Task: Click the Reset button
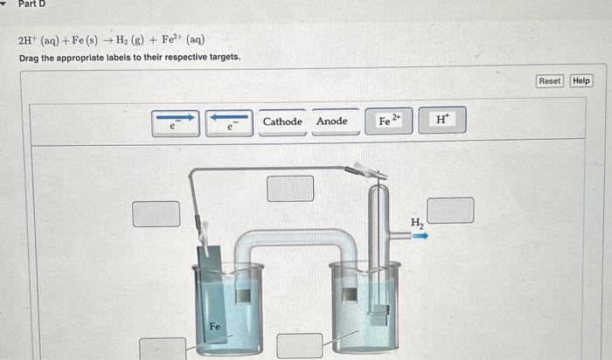pos(550,81)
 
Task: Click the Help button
pos(581,81)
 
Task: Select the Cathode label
pos(282,121)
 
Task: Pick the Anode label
pos(332,121)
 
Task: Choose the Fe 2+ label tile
pos(389,121)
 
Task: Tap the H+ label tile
pos(442,121)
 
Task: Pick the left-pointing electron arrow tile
pos(229,122)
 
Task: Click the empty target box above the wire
pos(290,188)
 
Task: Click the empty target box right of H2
pos(450,211)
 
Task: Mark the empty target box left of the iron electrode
pos(156,213)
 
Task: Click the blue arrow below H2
pos(421,236)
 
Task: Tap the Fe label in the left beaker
pos(214,327)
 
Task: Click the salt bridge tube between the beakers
pos(297,237)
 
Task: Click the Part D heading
pos(31,4)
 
